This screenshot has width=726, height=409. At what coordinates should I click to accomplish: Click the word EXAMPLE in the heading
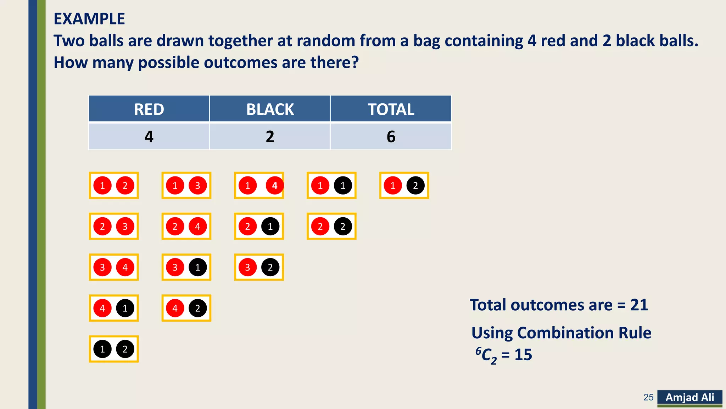coord(89,19)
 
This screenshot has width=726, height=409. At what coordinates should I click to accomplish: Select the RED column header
coord(149,109)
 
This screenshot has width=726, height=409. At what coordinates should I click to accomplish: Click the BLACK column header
coord(270,109)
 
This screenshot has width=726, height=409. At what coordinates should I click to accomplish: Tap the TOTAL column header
coord(391,109)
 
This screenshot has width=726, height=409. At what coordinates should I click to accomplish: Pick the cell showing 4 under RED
coord(149,137)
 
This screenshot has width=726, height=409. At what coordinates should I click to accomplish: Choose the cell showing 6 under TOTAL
coord(391,137)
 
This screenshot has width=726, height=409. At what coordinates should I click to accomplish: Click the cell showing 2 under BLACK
coord(270,137)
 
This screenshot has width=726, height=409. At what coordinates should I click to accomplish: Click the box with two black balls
coord(113,349)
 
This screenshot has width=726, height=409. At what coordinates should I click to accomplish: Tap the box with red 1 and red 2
coord(113,185)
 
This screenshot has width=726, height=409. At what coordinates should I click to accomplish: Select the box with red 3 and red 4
coord(113,267)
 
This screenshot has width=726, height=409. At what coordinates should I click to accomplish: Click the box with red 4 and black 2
coord(186,308)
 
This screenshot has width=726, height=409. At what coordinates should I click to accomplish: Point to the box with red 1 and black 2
coord(404,185)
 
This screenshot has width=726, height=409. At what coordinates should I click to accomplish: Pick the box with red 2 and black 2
coord(331,226)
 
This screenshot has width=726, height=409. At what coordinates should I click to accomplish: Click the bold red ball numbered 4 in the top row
coord(274,185)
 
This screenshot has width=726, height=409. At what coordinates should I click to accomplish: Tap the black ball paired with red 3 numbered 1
coord(197,267)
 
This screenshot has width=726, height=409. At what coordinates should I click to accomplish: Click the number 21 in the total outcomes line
coord(639,305)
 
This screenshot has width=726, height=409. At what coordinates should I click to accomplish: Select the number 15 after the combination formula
coord(523,355)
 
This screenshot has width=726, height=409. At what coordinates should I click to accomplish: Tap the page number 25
coord(648,397)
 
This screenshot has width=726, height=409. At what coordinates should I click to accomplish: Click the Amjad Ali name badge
coord(689,397)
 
